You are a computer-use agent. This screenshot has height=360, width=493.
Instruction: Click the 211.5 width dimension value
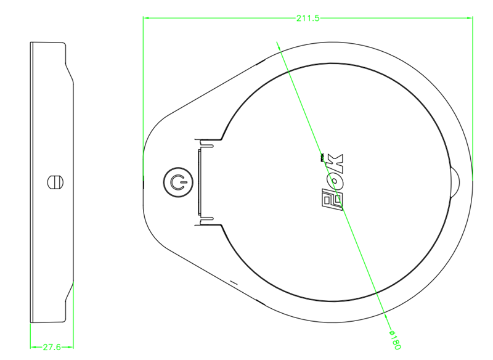tap(308, 18)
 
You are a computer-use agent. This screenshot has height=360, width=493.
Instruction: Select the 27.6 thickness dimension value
tap(52, 347)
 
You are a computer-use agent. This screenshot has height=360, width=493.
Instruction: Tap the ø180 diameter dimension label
tap(395, 340)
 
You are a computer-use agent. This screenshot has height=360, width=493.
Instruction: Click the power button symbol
tap(178, 182)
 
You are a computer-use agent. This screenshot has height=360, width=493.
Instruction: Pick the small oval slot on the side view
tap(55, 182)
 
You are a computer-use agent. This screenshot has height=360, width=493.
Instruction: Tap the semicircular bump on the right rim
tap(455, 182)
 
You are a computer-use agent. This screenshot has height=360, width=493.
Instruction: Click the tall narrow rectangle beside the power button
tap(199, 182)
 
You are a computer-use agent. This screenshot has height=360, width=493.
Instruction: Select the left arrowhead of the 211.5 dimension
tap(146, 18)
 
